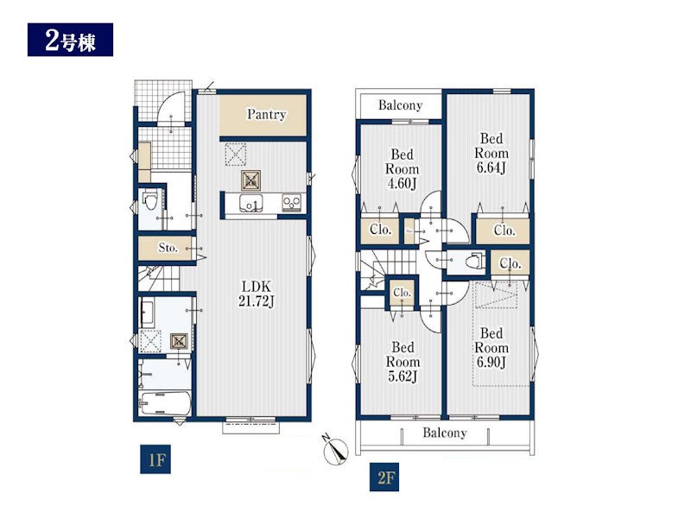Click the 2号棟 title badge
(x=70, y=40)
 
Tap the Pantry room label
(x=266, y=115)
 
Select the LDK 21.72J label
(x=257, y=294)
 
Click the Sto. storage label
(x=168, y=248)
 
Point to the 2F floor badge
(x=384, y=477)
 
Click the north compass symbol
(x=335, y=451)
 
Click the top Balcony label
(x=400, y=105)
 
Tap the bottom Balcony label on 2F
(x=445, y=433)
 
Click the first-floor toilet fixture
(x=150, y=201)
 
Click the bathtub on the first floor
(x=165, y=403)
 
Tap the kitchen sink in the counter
(x=250, y=204)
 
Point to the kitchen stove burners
(x=292, y=202)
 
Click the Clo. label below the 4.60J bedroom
(x=380, y=230)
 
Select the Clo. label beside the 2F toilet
(x=510, y=263)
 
